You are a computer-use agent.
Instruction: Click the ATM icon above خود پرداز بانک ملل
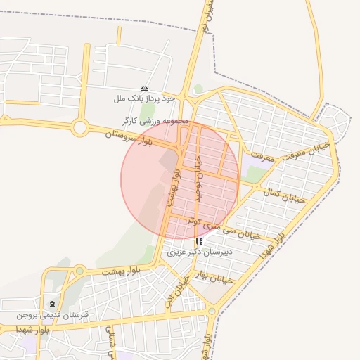[x=144, y=88]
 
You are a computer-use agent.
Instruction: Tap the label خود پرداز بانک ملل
[x=144, y=98]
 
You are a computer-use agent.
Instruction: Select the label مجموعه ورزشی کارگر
[x=155, y=121]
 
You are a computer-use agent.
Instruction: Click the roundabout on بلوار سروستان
[x=79, y=128]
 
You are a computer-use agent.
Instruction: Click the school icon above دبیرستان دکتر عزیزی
[x=199, y=241]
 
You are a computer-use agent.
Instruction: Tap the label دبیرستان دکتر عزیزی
[x=200, y=251]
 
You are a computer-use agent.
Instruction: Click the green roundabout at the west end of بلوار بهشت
[x=80, y=271]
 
